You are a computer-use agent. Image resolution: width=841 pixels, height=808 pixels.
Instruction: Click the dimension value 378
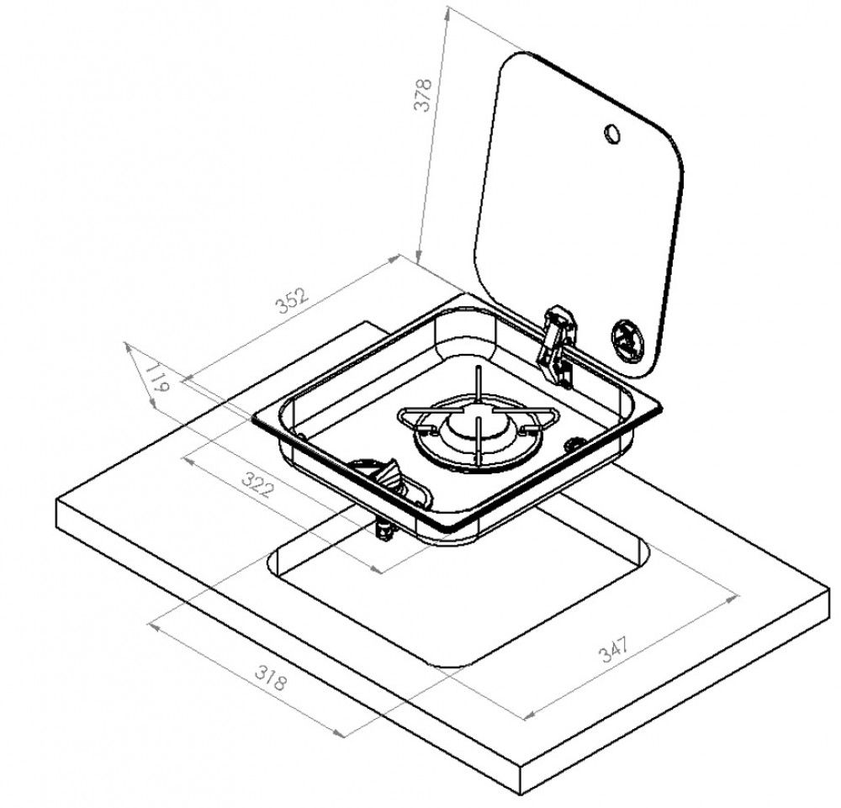(x=423, y=95)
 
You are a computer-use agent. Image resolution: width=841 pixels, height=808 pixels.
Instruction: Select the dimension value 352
(x=293, y=301)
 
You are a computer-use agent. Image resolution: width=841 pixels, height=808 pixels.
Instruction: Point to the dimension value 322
(x=258, y=484)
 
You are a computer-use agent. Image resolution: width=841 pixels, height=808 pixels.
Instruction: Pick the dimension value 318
(x=271, y=678)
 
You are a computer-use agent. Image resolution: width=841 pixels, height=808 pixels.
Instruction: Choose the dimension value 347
(x=613, y=649)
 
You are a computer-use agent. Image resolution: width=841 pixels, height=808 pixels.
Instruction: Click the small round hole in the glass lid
(x=611, y=133)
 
